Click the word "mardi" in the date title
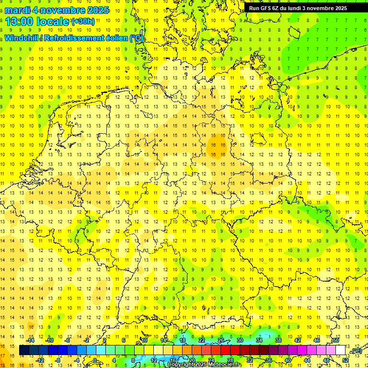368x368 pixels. click(16, 11)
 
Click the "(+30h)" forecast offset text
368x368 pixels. click(83, 22)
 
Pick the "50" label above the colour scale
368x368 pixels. click(336, 340)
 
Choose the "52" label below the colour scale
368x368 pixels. click(345, 360)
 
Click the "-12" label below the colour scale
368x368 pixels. click(40, 360)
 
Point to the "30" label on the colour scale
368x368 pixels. click(240, 340)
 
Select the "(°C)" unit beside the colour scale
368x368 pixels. click(356, 351)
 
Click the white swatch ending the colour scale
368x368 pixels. click(341, 350)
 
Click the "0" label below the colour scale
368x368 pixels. click(95, 360)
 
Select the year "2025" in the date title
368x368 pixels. click(95, 11)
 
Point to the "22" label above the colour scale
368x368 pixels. click(202, 340)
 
